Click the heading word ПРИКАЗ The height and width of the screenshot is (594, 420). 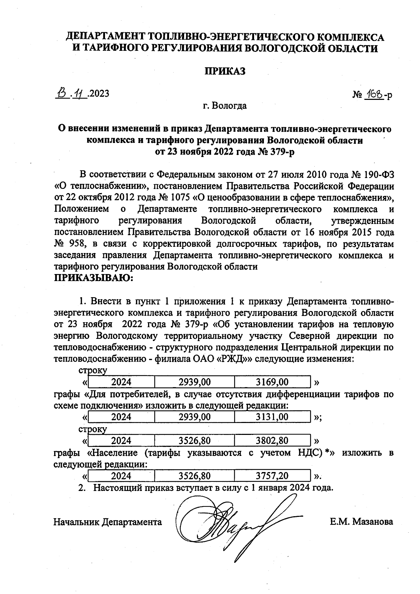click(x=225, y=71)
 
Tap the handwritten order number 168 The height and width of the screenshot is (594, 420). click(x=374, y=94)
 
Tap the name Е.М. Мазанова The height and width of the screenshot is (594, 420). click(x=361, y=522)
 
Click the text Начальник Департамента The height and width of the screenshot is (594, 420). click(x=107, y=522)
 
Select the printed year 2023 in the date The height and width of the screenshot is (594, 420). click(x=99, y=94)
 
